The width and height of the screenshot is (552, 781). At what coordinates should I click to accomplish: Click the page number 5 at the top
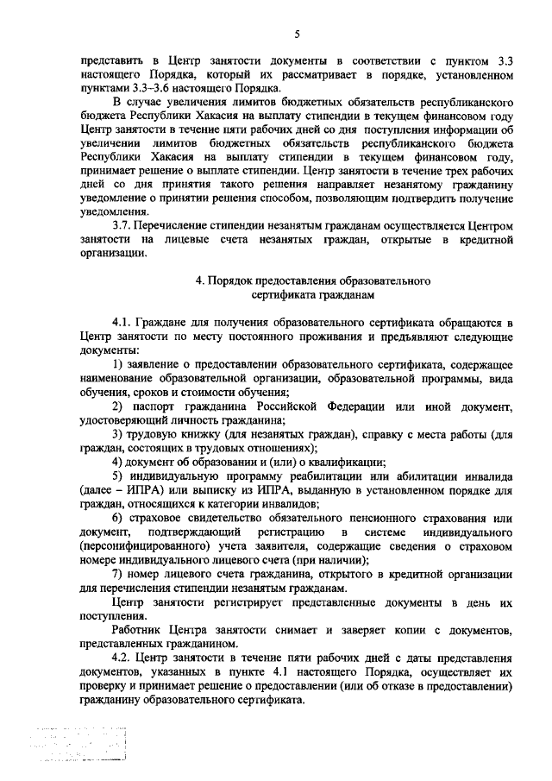click(x=297, y=34)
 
